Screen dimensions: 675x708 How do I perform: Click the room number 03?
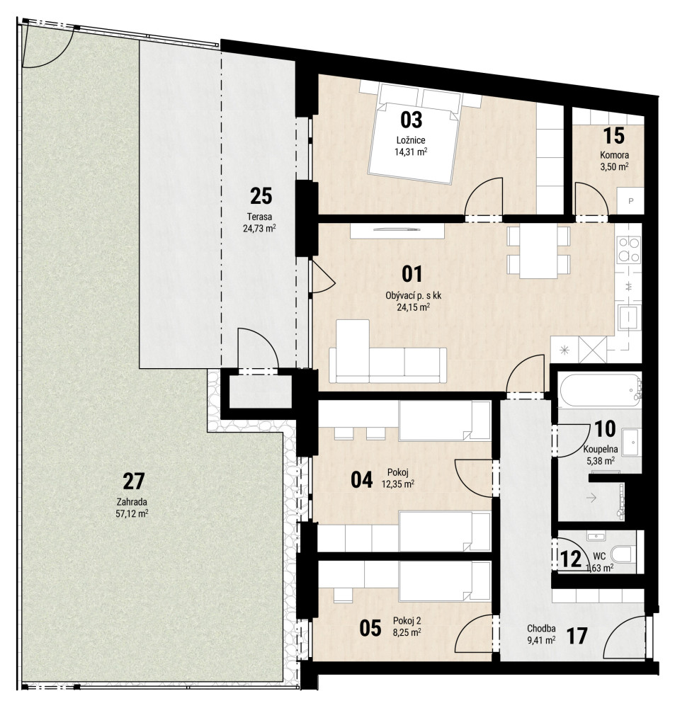[x=411, y=120]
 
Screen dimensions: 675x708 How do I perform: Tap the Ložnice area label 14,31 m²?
[x=411, y=152]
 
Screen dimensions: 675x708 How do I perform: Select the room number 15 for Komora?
[x=614, y=135]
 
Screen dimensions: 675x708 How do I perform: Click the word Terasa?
[x=259, y=216]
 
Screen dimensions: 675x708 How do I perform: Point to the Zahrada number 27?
[x=134, y=481]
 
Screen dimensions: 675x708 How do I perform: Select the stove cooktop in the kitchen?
[x=629, y=250]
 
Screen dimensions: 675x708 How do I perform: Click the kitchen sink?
[x=630, y=317]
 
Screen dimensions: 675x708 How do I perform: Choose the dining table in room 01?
[x=538, y=251]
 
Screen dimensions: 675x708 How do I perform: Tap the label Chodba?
[x=541, y=629]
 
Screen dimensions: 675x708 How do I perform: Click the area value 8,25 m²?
[x=407, y=632]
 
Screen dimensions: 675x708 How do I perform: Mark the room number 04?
[x=362, y=479]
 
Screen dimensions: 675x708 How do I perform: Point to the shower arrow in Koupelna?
[x=591, y=498]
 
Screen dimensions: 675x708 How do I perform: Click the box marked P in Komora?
[x=630, y=201]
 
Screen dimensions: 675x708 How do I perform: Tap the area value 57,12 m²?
[x=132, y=513]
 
